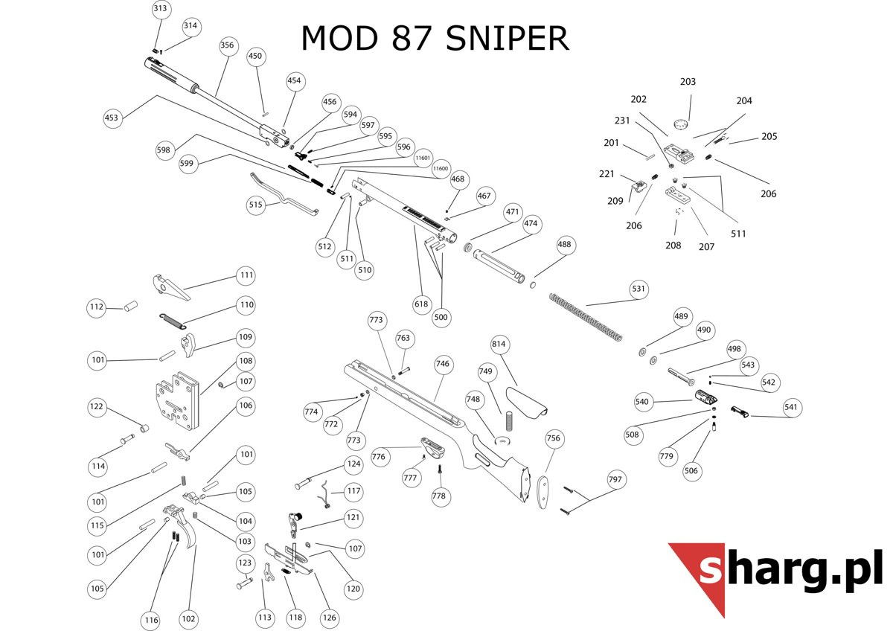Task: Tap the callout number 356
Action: pos(227,45)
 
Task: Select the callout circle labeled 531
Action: pos(638,289)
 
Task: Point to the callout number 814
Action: pos(499,345)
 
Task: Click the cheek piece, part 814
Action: pos(526,403)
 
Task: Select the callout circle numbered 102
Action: pos(188,618)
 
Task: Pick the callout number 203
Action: pos(688,82)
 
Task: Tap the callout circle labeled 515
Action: pos(256,205)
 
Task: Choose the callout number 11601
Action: pos(423,158)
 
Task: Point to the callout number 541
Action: pos(791,407)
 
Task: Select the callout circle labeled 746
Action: pos(443,365)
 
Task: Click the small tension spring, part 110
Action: pos(172,319)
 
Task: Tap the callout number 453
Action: pos(112,118)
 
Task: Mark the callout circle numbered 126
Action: pos(329,617)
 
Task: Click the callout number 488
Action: pos(565,244)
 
